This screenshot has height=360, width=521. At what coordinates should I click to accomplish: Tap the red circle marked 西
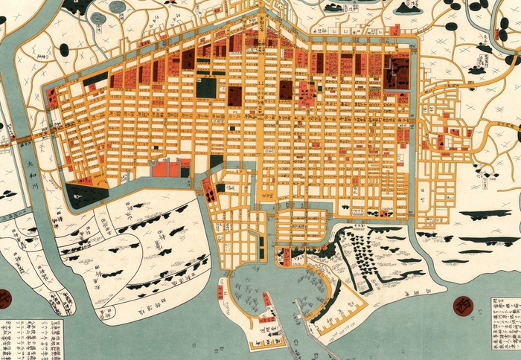coord(464,304)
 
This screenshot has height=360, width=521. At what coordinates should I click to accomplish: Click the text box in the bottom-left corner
coord(31,338)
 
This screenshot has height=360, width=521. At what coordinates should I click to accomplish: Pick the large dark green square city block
coord(207,88)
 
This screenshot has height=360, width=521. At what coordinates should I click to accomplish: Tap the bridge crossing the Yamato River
coord(22,139)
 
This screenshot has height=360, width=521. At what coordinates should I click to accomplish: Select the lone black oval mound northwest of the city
coord(64,50)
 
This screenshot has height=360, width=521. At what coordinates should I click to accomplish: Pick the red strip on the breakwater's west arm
coord(222,292)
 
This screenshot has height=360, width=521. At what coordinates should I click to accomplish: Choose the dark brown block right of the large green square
coord(234,94)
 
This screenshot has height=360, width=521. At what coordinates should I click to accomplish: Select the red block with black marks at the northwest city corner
coord(53,97)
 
